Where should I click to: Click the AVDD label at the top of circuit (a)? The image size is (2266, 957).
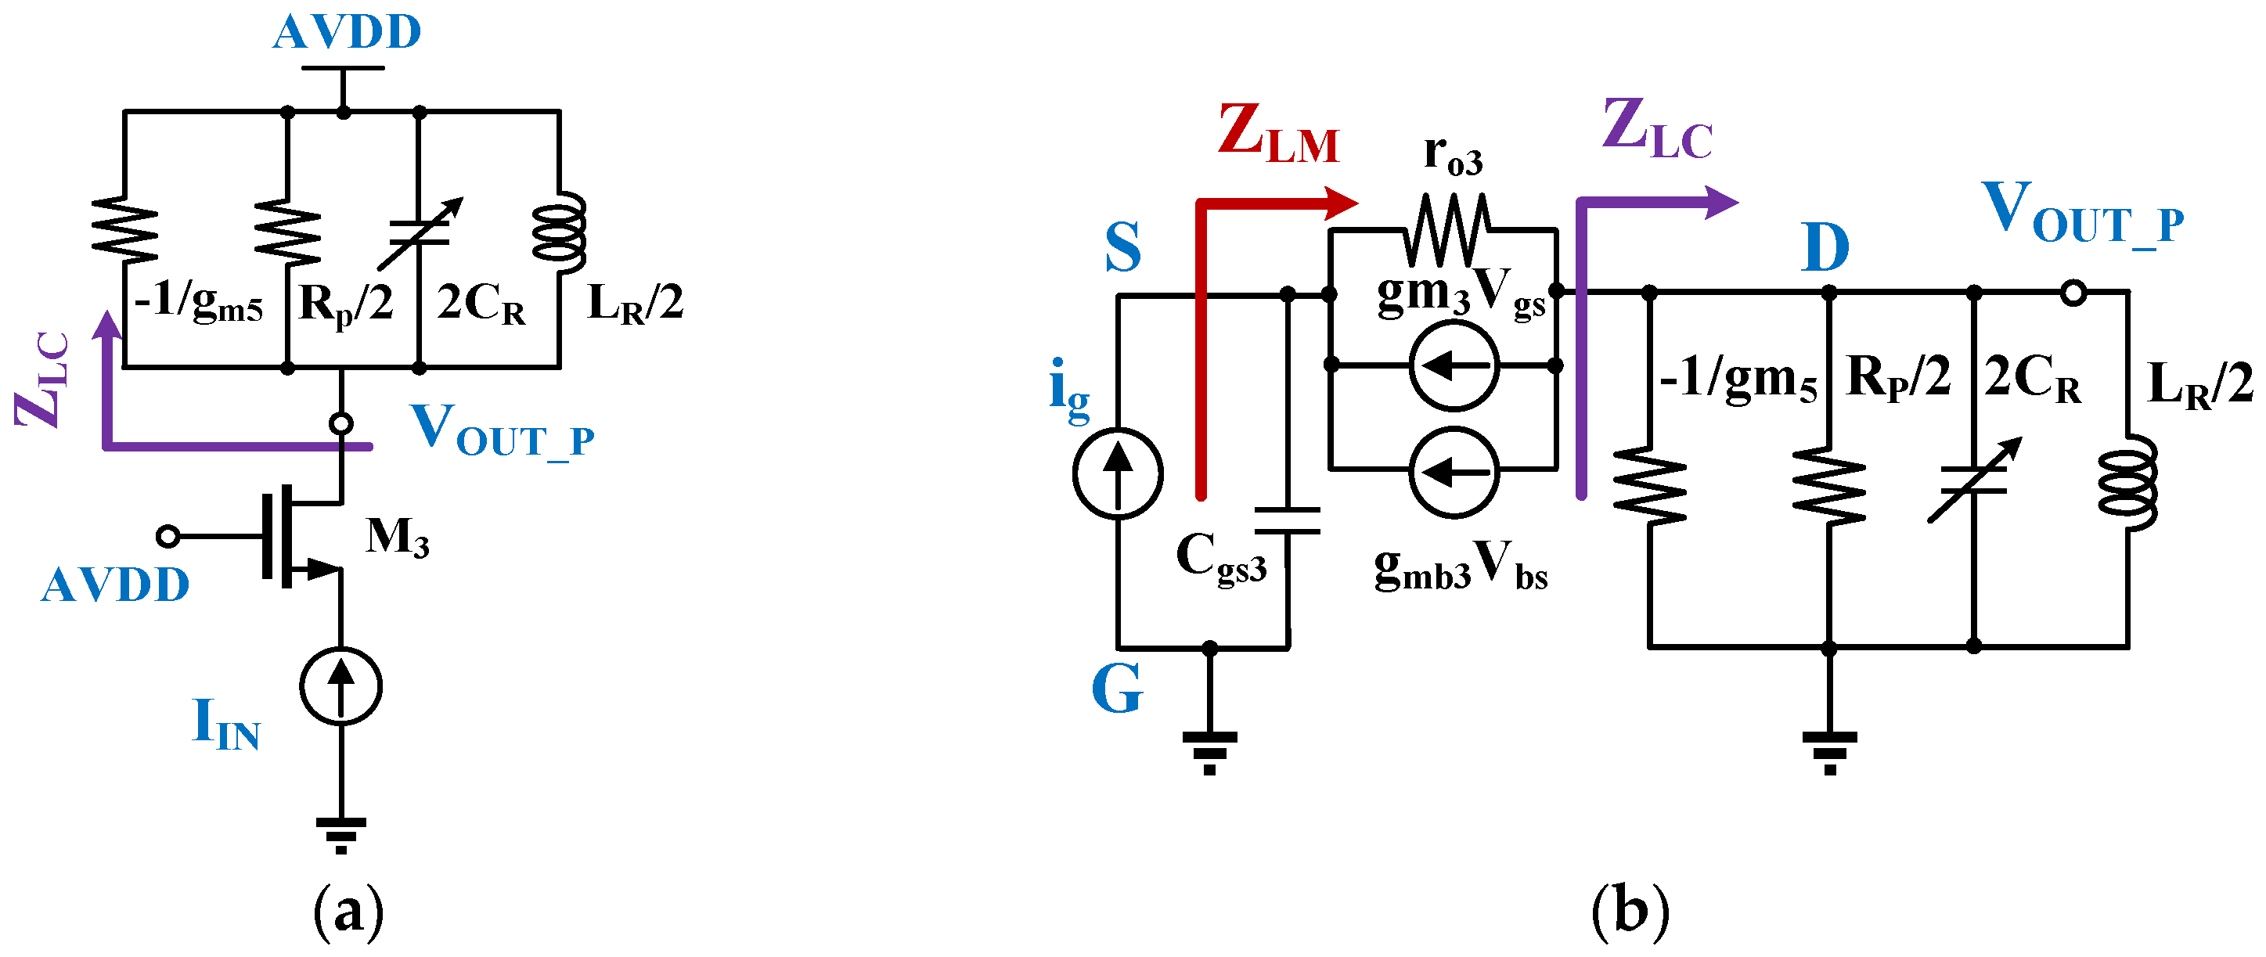(x=347, y=33)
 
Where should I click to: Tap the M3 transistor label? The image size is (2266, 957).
(x=398, y=536)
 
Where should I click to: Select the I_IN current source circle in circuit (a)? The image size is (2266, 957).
(x=340, y=687)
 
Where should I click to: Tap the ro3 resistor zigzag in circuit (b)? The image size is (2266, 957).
(x=1448, y=232)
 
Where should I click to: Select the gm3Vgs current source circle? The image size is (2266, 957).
(x=1454, y=365)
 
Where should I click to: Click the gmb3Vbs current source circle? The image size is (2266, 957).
(x=1454, y=473)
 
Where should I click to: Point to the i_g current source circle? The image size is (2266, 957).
(x=1117, y=473)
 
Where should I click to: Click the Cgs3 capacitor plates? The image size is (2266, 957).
(x=1287, y=520)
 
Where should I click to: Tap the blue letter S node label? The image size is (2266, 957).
(x=1122, y=249)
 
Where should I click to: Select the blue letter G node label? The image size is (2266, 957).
(x=1117, y=689)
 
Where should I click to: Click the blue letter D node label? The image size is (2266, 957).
(x=1825, y=249)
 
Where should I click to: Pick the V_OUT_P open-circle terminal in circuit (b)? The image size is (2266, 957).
(x=2073, y=293)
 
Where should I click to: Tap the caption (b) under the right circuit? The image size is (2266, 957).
(x=1630, y=912)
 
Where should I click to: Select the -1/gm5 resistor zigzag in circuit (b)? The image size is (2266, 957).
(x=1649, y=487)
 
